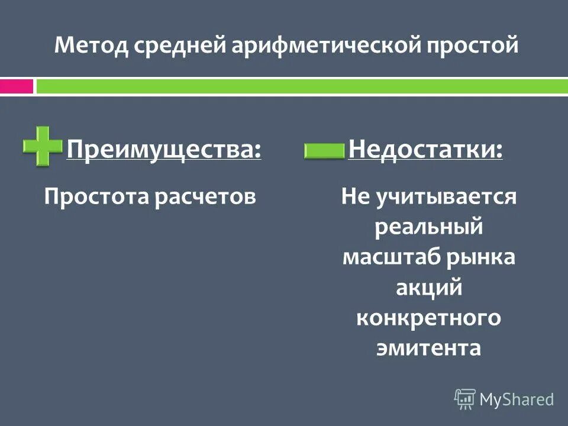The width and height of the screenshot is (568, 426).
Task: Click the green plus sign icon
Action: (x=43, y=145)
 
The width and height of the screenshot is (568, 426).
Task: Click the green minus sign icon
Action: (x=324, y=152)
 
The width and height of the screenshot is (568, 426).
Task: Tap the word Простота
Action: (x=96, y=196)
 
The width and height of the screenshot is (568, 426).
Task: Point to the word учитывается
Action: (x=446, y=196)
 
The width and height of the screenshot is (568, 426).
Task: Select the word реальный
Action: (x=429, y=227)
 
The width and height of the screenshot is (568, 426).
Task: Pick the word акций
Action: (x=429, y=288)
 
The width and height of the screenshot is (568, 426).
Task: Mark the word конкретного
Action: (x=429, y=318)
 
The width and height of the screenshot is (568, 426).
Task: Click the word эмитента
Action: (x=429, y=348)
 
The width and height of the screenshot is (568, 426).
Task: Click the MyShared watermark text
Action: (x=517, y=399)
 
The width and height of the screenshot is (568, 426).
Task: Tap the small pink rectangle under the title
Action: (x=16, y=86)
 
